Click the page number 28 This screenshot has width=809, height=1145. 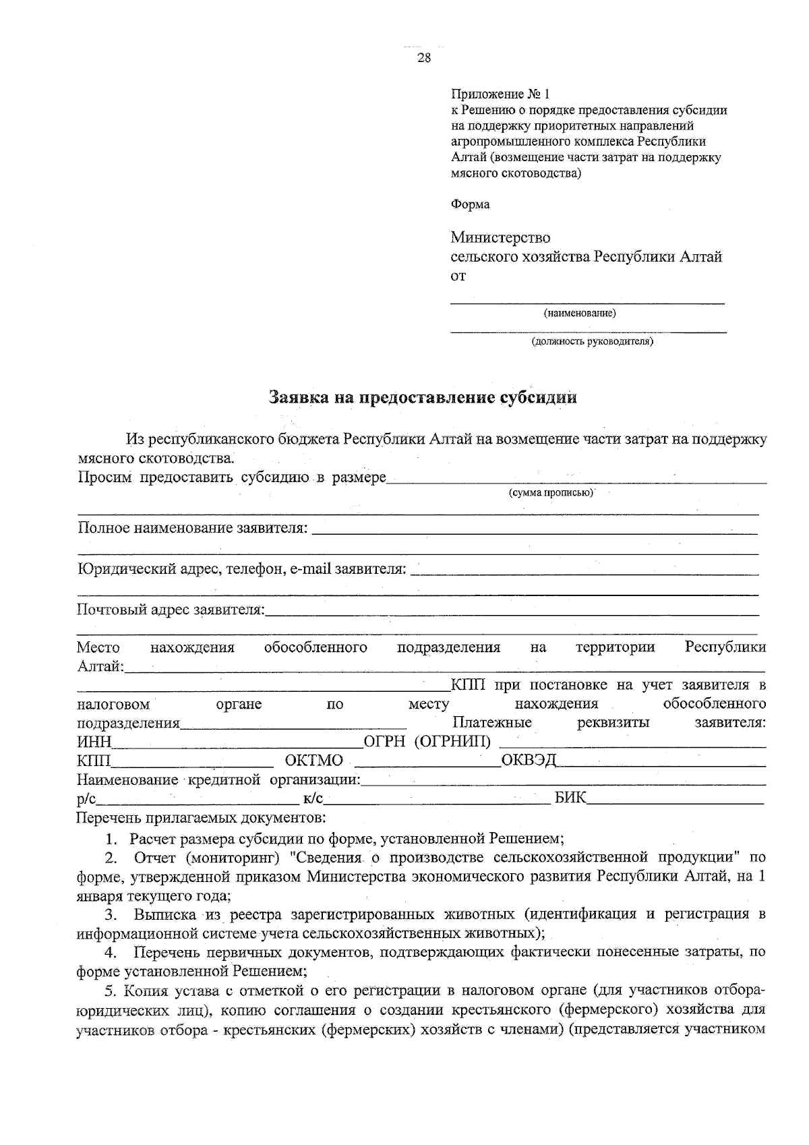click(424, 58)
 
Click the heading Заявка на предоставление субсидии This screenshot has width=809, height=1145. click(423, 397)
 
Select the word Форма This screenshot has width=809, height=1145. click(470, 204)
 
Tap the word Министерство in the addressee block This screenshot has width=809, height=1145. click(500, 237)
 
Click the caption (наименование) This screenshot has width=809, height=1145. click(580, 313)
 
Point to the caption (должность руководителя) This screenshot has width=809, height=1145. click(592, 341)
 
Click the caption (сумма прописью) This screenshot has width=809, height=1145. click(551, 492)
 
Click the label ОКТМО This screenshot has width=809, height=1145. click(314, 761)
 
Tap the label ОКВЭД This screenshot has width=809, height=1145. click(529, 761)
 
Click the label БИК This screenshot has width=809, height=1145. click(570, 799)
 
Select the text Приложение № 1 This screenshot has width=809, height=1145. click(500, 94)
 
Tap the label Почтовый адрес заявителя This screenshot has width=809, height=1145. click(171, 610)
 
